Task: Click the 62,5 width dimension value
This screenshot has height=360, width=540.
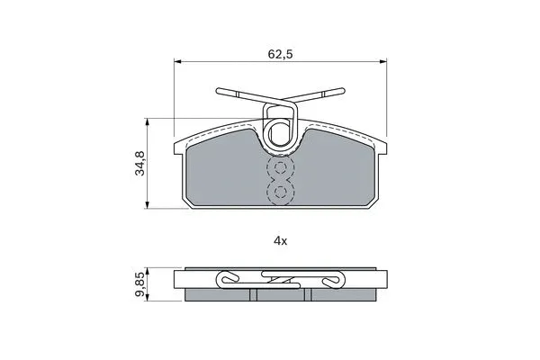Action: pos(280,54)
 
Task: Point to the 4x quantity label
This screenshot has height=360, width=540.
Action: pos(280,240)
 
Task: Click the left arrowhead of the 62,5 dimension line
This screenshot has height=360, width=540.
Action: pos(176,62)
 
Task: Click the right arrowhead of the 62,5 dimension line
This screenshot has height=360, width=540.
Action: pos(386,62)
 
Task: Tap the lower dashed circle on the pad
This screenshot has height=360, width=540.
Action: pos(281,192)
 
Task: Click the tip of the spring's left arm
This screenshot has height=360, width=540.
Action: pos(219,90)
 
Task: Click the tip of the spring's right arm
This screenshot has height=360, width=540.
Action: pos(343,89)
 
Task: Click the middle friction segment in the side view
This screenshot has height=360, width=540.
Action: pos(281,295)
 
